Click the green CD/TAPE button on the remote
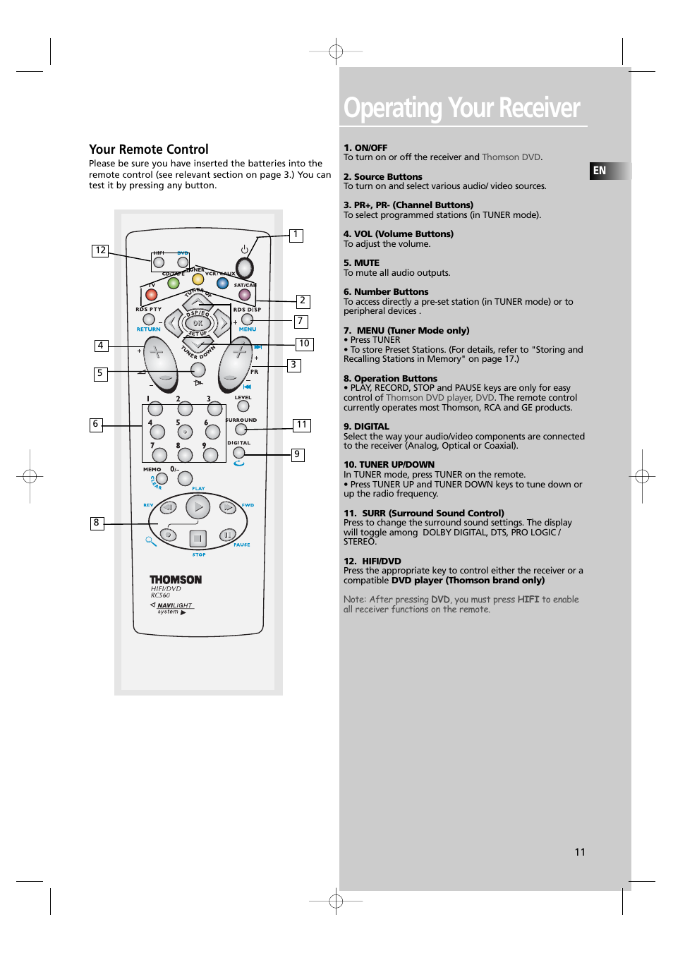[174, 283]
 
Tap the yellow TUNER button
[198, 279]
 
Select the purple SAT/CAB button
[244, 294]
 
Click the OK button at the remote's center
[198, 323]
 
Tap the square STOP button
[198, 539]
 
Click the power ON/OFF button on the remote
[244, 267]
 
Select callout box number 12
[100, 250]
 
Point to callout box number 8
[97, 523]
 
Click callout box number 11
[302, 425]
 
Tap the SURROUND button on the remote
[241, 429]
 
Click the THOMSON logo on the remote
[176, 580]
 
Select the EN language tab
[600, 171]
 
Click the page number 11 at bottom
[580, 852]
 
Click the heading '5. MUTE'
[361, 263]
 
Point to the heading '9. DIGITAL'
[366, 427]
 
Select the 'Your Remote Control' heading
[149, 150]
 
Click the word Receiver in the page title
[539, 108]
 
